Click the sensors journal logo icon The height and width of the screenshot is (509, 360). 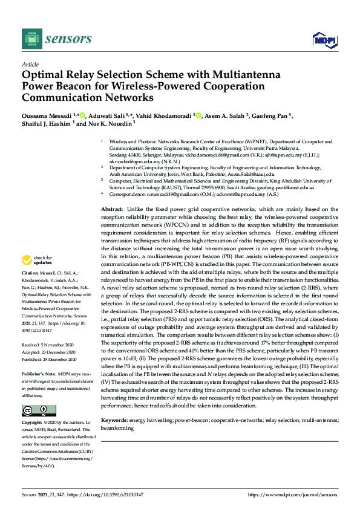tap(30, 39)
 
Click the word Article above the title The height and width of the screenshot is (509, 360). tap(30, 64)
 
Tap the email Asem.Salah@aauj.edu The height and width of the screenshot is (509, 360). tap(242, 173)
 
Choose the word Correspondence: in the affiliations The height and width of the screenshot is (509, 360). tap(129, 195)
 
